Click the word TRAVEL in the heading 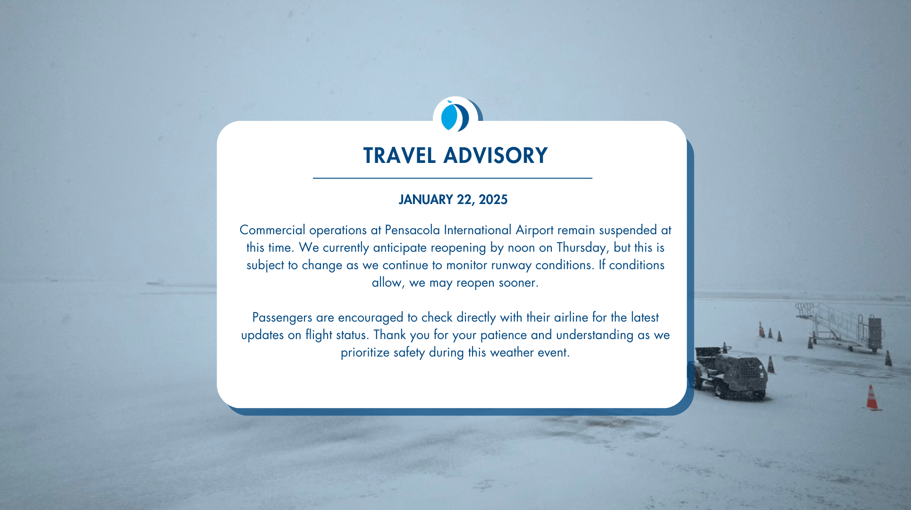pyautogui.click(x=399, y=156)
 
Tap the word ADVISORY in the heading pyautogui.click(x=496, y=156)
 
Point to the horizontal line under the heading pyautogui.click(x=453, y=178)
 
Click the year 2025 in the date pyautogui.click(x=493, y=200)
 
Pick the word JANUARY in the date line pyautogui.click(x=426, y=200)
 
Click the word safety pyautogui.click(x=409, y=353)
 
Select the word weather pyautogui.click(x=511, y=353)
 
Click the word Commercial pyautogui.click(x=272, y=230)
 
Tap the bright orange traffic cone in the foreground pyautogui.click(x=872, y=398)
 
